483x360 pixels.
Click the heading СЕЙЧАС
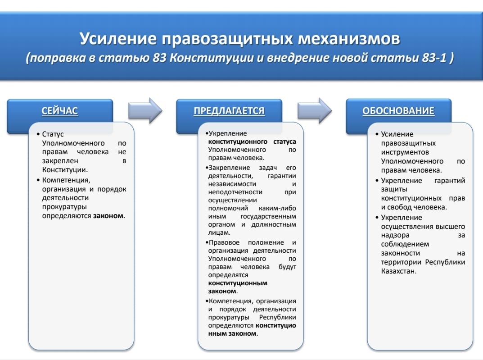coord(60,111)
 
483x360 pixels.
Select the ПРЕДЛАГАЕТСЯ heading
coord(229,111)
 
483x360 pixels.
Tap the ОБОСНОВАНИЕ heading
coord(398,111)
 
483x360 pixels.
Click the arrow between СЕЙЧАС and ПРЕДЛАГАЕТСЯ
coord(145,110)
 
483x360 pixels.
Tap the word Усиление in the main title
coord(117,39)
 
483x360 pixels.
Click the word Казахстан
coord(398,271)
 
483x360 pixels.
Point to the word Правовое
coord(223,242)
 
